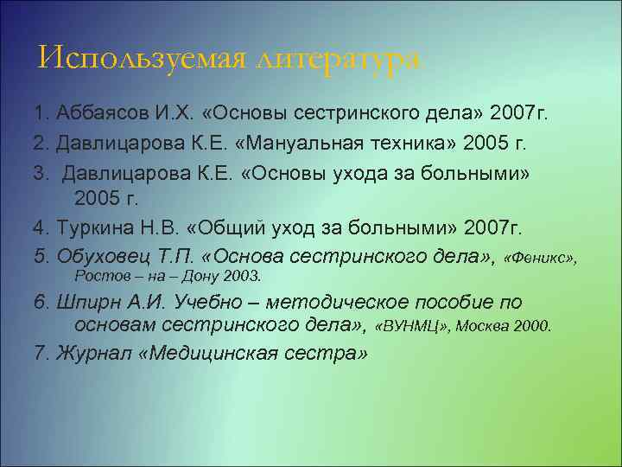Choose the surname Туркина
(x=92, y=228)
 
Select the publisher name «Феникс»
(x=539, y=258)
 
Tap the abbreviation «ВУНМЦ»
(x=413, y=327)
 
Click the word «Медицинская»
(x=211, y=355)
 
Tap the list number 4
(x=40, y=228)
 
